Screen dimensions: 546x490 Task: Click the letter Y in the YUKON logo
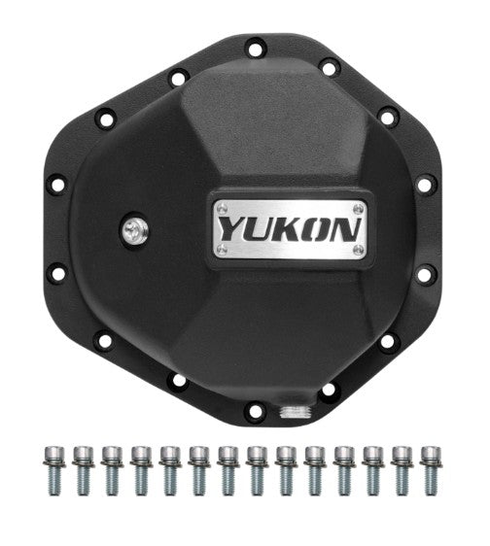click(x=230, y=229)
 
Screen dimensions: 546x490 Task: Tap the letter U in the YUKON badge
click(x=259, y=229)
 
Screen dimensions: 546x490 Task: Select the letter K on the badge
click(x=288, y=229)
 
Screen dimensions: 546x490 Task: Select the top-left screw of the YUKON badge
click(x=222, y=207)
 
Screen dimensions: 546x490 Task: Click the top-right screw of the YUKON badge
click(x=359, y=207)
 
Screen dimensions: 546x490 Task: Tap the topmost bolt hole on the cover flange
click(x=255, y=46)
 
